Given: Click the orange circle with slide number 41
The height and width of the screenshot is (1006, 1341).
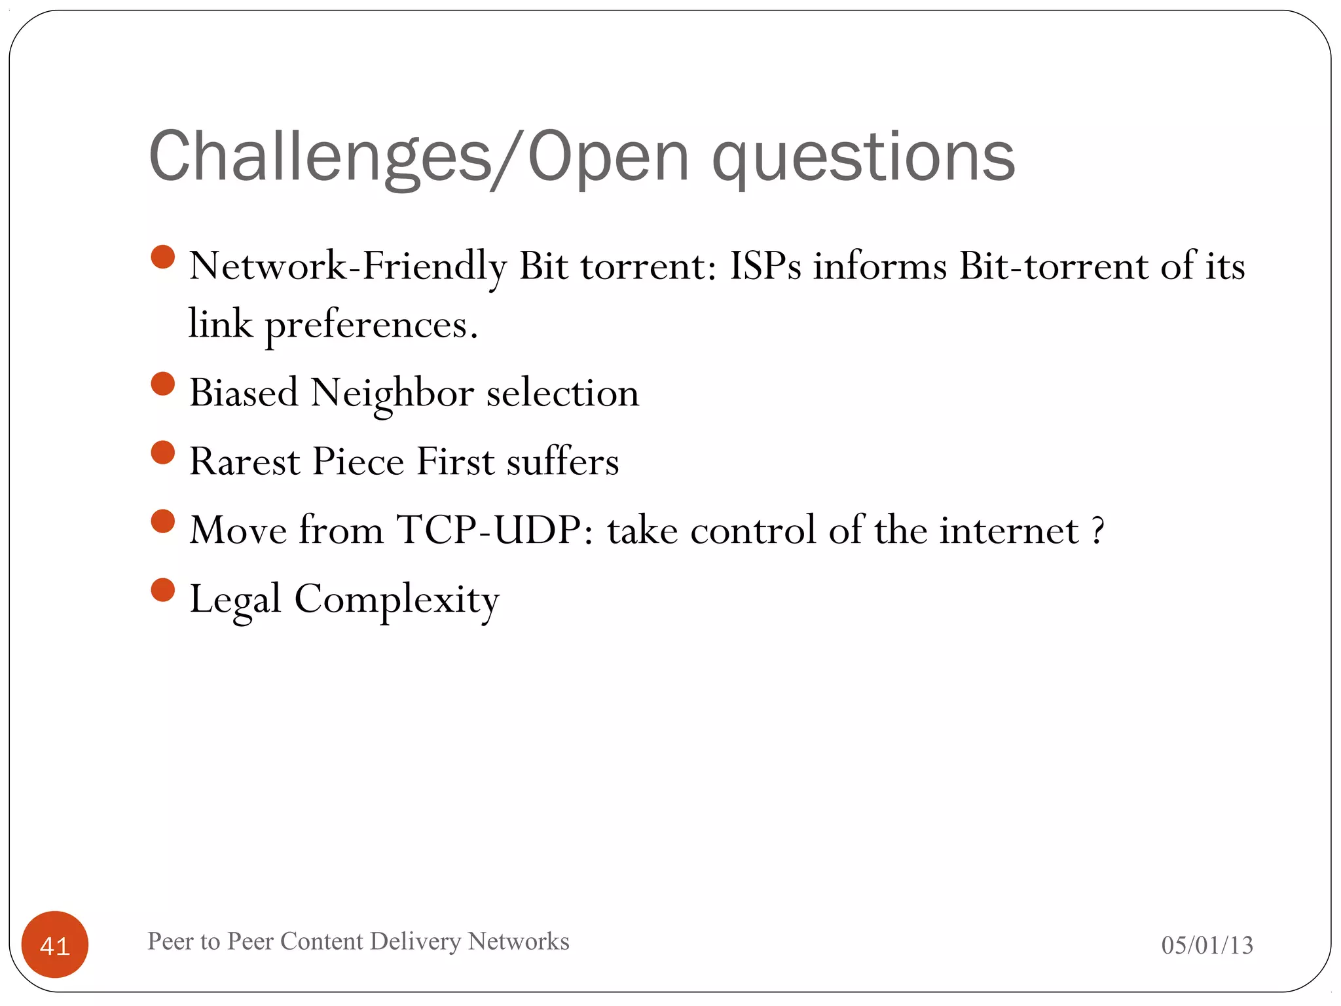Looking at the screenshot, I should (55, 944).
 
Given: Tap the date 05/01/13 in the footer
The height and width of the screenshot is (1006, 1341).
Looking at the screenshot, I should (1207, 945).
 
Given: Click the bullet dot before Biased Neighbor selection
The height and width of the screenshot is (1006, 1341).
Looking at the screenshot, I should (163, 384).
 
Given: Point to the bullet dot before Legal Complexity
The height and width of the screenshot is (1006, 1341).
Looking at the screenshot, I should (163, 589).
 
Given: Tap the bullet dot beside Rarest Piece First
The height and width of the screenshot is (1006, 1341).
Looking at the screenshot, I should (163, 453).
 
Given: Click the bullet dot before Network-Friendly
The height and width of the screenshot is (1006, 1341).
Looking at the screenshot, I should (163, 257).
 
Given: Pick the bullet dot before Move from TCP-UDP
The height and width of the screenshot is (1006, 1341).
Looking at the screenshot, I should (163, 521).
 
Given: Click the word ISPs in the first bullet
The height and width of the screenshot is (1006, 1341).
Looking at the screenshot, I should (765, 266).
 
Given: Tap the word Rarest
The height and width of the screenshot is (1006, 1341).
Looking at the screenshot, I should (245, 461).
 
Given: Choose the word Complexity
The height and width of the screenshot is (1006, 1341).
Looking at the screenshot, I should (397, 599).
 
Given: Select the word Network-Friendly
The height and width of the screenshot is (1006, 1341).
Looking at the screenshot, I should (348, 266).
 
